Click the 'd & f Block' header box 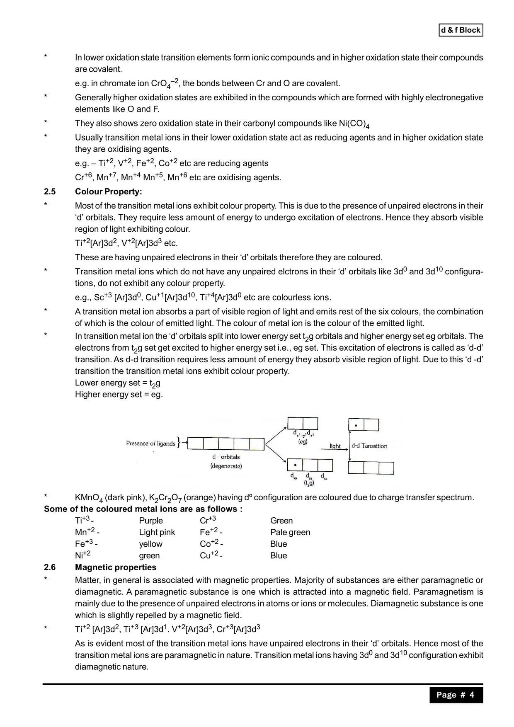click(461, 30)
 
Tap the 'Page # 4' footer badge click(456, 695)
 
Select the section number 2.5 click(50, 191)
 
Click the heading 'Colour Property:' click(108, 191)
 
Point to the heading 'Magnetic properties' click(116, 567)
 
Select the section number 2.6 click(50, 567)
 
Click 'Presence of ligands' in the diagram click(150, 443)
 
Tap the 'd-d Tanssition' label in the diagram click(369, 446)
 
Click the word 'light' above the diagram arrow click(335, 446)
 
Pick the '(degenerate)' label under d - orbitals click(226, 466)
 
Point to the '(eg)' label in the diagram click(303, 442)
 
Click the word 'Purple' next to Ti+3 click(151, 521)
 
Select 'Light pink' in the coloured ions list click(157, 532)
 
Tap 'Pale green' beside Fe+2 click(290, 532)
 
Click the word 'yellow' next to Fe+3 click(151, 544)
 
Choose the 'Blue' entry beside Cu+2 click(279, 555)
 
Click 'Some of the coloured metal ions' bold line click(143, 509)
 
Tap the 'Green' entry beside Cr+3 click(281, 521)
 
